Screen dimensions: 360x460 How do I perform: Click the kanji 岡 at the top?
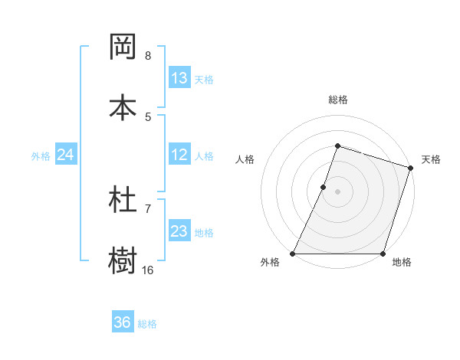click(123, 47)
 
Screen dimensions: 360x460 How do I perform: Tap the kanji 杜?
click(123, 200)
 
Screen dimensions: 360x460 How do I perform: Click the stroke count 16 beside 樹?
click(147, 270)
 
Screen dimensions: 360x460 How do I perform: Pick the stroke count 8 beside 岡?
click(147, 56)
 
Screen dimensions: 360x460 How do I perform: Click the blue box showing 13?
click(179, 78)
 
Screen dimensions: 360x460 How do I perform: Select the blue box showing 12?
click(179, 155)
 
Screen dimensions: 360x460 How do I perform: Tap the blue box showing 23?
click(179, 231)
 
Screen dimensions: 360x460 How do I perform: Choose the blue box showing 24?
click(66, 155)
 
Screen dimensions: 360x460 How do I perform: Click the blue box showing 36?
click(123, 323)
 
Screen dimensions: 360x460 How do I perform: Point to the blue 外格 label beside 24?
click(41, 156)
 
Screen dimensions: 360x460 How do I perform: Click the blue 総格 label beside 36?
click(147, 324)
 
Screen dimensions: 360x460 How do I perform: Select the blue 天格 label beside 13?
click(204, 80)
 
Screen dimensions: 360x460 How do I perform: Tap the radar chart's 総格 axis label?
click(337, 100)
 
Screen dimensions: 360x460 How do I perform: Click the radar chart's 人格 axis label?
click(245, 159)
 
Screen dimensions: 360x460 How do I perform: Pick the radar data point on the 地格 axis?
click(383, 254)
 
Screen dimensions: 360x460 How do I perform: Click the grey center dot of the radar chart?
click(337, 191)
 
